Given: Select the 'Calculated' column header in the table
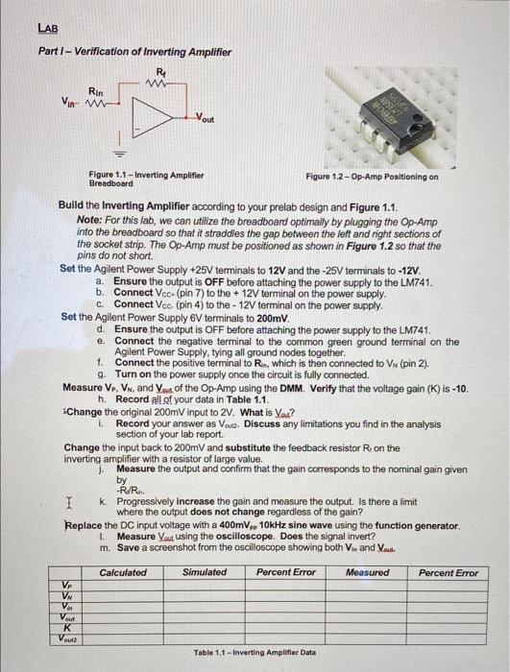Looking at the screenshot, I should pyautogui.click(x=124, y=572).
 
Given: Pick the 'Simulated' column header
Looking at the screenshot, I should pyautogui.click(x=205, y=572).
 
